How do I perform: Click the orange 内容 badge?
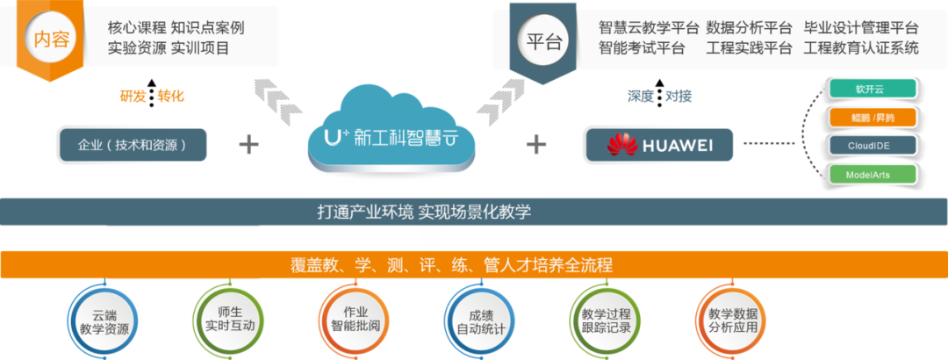click(x=51, y=40)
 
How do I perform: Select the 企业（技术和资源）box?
click(x=133, y=144)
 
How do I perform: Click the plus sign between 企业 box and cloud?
click(x=250, y=144)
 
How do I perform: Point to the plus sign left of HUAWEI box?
click(x=535, y=144)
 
